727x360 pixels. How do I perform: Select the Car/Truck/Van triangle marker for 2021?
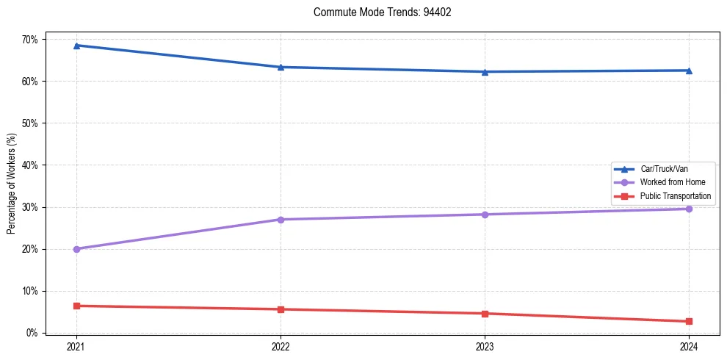click(x=76, y=46)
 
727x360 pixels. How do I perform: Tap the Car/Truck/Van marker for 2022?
click(x=281, y=67)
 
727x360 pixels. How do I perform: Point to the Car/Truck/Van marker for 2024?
click(x=689, y=71)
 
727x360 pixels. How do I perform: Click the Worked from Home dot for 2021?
click(x=76, y=249)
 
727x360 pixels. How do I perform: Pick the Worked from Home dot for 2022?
click(x=281, y=220)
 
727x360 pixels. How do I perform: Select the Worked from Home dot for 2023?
click(x=485, y=215)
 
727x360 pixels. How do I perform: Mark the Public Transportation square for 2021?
click(x=76, y=306)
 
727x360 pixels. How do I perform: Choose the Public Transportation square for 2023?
click(x=485, y=314)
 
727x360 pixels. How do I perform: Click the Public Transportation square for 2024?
click(x=689, y=321)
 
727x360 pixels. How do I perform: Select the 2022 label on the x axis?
click(x=281, y=346)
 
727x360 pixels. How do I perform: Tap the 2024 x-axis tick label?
click(x=689, y=346)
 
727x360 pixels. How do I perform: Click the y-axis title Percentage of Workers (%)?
click(x=11, y=184)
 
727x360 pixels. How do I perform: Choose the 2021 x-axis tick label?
click(x=76, y=346)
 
